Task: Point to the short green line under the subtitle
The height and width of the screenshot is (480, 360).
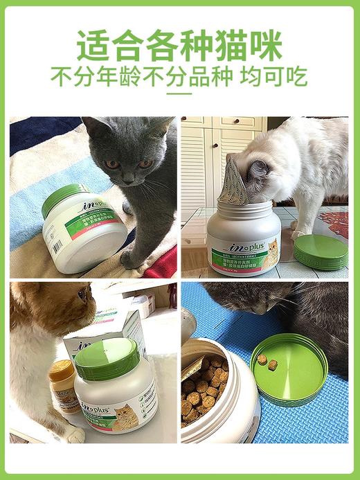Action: click(x=179, y=93)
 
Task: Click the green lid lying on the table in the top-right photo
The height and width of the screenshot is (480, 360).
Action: click(x=321, y=251)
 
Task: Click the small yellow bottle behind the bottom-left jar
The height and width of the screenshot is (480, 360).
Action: click(x=63, y=385)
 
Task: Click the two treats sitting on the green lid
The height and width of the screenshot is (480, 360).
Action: click(x=267, y=362)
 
